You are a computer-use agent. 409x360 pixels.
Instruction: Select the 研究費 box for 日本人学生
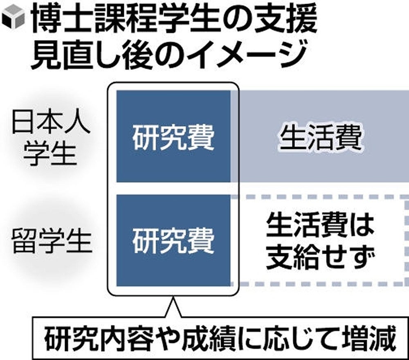point(173,136)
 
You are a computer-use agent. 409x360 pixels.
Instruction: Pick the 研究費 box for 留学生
point(173,241)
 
